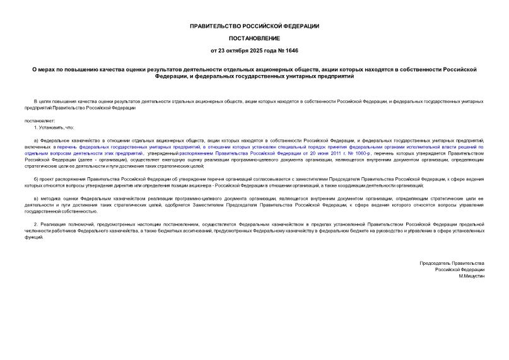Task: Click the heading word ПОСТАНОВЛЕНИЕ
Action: click(255, 37)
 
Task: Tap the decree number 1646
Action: click(293, 50)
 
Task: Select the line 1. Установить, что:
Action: click(54, 127)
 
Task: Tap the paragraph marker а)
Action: click(37, 139)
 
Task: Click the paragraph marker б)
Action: click(37, 179)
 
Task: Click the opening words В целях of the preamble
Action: click(42, 102)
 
